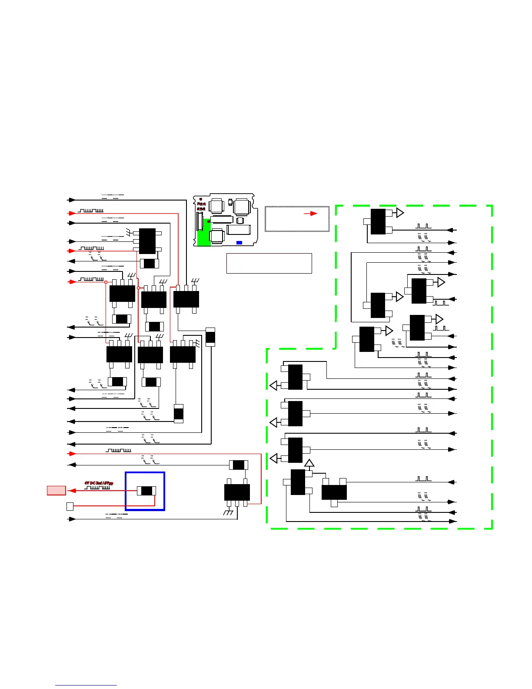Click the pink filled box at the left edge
pyautogui.click(x=57, y=491)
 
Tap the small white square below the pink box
pyautogui.click(x=70, y=506)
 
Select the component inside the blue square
pyautogui.click(x=146, y=491)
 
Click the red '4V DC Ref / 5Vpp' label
pyautogui.click(x=99, y=483)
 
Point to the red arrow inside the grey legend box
pyautogui.click(x=310, y=214)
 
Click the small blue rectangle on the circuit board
pyautogui.click(x=239, y=242)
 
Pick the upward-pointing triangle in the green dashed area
pyautogui.click(x=309, y=463)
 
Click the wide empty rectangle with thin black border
pyautogui.click(x=269, y=263)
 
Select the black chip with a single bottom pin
pyautogui.click(x=334, y=492)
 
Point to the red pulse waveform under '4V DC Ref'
pyautogui.click(x=97, y=488)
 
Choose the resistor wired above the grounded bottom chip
pyautogui.click(x=238, y=465)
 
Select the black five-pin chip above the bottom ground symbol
pyautogui.click(x=237, y=492)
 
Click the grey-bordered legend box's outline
pyautogui.click(x=297, y=207)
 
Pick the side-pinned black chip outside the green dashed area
pyautogui.click(x=147, y=241)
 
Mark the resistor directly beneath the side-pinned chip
pyautogui.click(x=149, y=264)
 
